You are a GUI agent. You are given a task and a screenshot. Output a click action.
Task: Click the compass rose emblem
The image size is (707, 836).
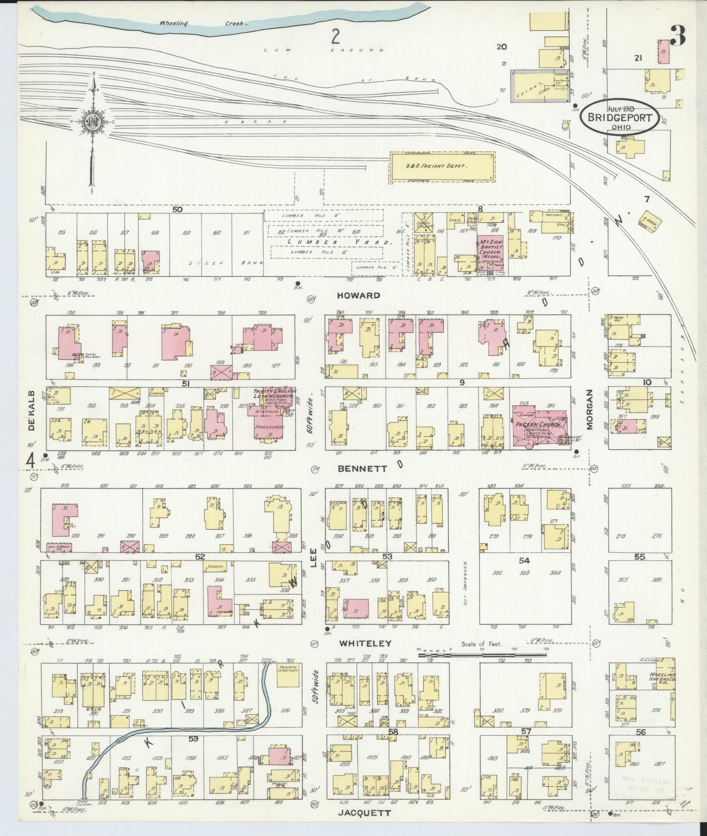click(93, 123)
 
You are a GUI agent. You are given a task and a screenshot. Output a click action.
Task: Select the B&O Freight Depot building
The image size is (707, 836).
click(442, 166)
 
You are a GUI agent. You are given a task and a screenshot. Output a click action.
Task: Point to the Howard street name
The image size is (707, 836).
click(358, 295)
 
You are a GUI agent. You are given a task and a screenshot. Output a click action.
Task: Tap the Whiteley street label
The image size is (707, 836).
click(365, 643)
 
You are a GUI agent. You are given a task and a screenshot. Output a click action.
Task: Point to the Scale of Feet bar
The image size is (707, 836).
click(482, 667)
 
